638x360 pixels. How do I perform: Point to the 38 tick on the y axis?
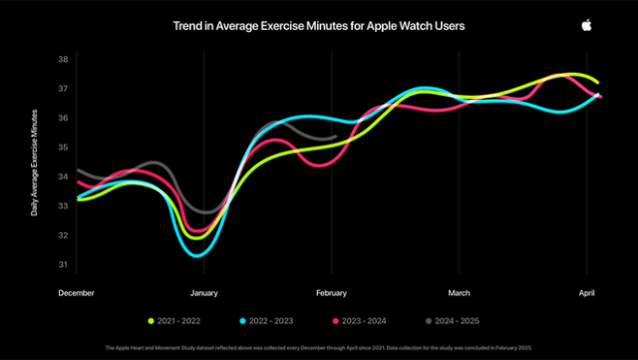62,59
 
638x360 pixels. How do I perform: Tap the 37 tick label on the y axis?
62,89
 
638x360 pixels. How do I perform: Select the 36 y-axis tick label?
62,118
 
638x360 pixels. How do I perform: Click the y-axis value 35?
62,148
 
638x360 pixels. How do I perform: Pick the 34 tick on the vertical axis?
62,177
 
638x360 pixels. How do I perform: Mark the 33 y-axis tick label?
62,206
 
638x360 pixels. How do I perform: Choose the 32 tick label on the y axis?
62,235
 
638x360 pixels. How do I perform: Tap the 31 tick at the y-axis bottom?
62,265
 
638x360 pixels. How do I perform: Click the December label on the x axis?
76,293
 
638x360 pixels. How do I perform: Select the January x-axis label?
204,293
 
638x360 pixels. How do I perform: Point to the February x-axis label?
331,293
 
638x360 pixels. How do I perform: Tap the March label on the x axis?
459,293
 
